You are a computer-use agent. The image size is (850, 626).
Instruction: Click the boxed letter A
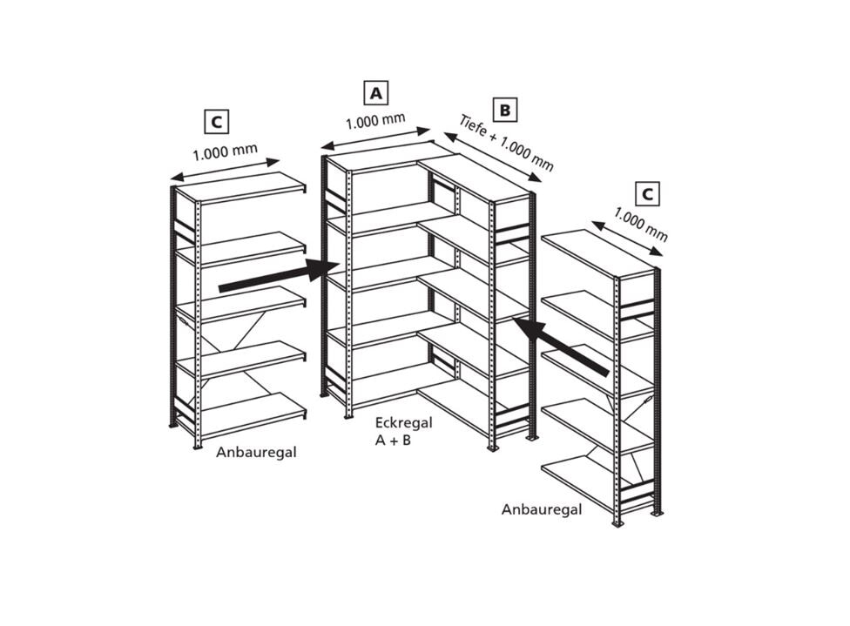[375, 93]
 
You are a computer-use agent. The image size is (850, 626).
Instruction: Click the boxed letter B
[505, 110]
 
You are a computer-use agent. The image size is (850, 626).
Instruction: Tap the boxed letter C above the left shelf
[216, 122]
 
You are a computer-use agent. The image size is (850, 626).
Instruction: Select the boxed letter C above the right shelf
[647, 194]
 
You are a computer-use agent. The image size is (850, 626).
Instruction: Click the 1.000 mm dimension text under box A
[375, 121]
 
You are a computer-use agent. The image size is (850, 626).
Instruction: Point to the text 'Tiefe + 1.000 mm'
[506, 143]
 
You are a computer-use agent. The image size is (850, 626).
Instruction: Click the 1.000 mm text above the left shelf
[225, 152]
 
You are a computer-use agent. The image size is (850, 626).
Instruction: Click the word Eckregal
[404, 423]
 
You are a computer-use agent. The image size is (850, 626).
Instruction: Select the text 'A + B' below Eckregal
[393, 440]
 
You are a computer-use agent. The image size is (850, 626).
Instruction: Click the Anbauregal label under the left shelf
[256, 452]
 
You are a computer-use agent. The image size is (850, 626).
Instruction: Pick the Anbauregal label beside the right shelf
[542, 509]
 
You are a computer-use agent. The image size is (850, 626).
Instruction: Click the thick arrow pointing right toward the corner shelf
[279, 276]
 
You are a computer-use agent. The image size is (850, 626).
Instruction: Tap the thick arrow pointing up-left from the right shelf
[561, 347]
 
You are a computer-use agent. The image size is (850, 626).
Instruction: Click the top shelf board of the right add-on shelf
[598, 253]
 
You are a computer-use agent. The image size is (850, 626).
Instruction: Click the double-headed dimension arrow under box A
[375, 138]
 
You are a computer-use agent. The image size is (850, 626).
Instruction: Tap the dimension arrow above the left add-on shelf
[225, 169]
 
